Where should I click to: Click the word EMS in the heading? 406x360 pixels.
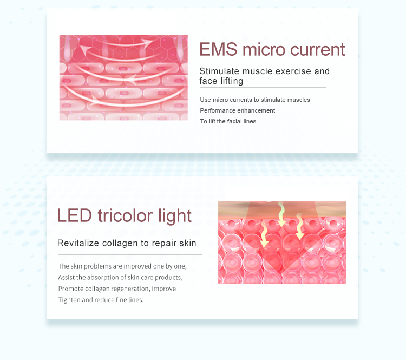(218, 49)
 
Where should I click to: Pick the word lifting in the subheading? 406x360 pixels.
(231, 81)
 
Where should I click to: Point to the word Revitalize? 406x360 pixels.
(77, 243)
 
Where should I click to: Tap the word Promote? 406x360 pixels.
(70, 289)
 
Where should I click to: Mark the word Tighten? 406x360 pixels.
(69, 300)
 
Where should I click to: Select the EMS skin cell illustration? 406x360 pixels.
(123, 78)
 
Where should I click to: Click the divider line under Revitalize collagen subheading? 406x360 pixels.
(130, 254)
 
